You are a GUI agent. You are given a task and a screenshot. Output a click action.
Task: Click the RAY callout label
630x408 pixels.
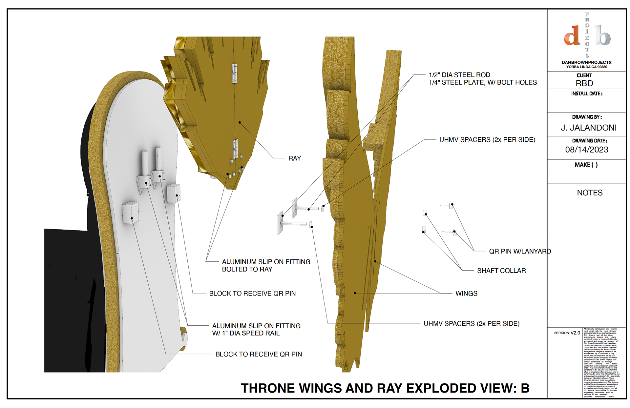pyautogui.click(x=294, y=158)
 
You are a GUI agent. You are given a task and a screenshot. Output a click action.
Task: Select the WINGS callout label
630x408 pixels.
pyautogui.click(x=466, y=294)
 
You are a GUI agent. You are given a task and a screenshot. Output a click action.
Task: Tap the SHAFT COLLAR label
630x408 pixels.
pyautogui.click(x=501, y=271)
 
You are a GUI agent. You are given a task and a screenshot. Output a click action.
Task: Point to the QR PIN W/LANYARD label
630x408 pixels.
pyautogui.click(x=520, y=252)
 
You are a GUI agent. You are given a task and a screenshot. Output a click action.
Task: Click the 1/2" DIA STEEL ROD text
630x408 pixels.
pyautogui.click(x=459, y=75)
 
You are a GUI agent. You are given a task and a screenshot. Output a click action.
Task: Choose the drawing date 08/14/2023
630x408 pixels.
pyautogui.click(x=586, y=150)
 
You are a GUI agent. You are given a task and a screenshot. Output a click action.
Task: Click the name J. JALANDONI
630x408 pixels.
pyautogui.click(x=588, y=128)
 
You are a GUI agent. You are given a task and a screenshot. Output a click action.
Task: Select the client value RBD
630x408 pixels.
pyautogui.click(x=584, y=83)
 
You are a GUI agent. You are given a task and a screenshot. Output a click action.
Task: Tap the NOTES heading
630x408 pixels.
pyautogui.click(x=590, y=193)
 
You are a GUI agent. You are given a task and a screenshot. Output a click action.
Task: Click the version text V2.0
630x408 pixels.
pyautogui.click(x=575, y=333)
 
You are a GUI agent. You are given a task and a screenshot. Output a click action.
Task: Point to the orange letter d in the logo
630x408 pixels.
pyautogui.click(x=572, y=36)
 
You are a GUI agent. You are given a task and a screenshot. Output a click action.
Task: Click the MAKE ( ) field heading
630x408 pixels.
pyautogui.click(x=586, y=165)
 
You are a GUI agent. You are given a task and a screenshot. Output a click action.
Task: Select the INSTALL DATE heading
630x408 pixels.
pyautogui.click(x=587, y=94)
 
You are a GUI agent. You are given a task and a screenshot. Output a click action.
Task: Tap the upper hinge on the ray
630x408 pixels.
pyautogui.click(x=235, y=73)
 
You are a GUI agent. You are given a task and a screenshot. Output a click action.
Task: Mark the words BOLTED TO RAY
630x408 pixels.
pyautogui.click(x=247, y=269)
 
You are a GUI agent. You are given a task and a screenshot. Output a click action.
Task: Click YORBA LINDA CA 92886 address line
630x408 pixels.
pyautogui.click(x=586, y=67)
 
